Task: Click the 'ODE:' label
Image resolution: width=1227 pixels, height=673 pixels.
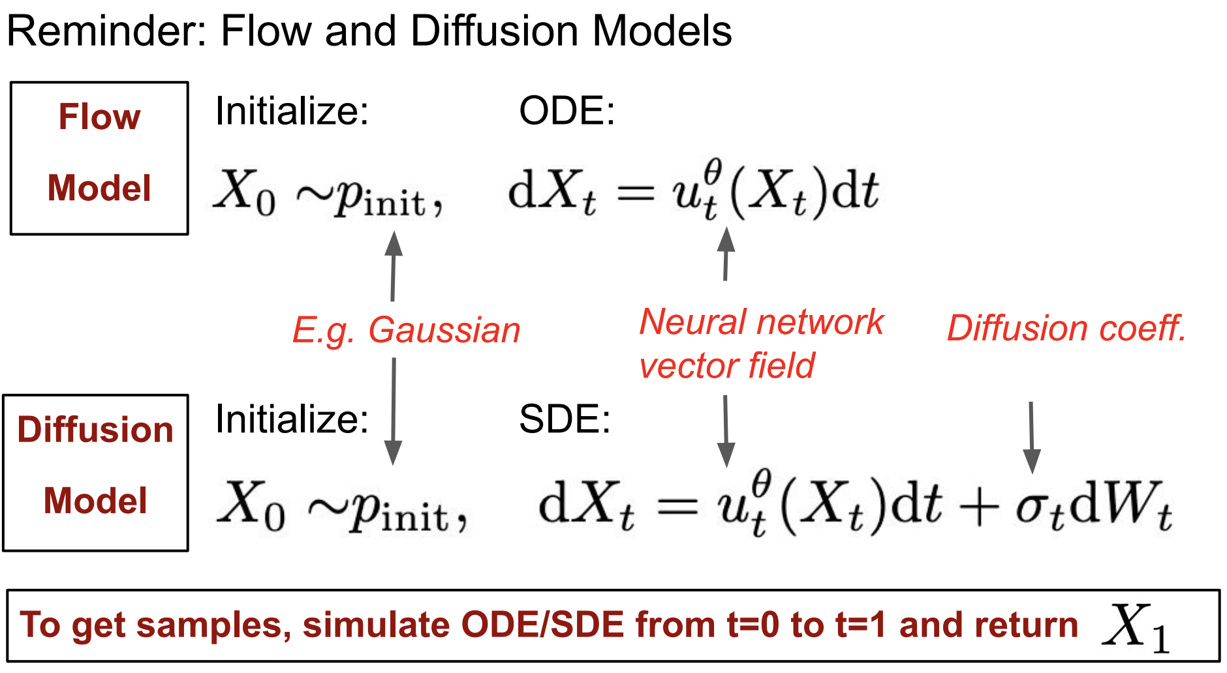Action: (567, 111)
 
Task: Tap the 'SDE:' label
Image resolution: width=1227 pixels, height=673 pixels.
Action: (565, 419)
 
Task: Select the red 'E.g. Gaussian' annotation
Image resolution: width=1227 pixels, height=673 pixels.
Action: (406, 330)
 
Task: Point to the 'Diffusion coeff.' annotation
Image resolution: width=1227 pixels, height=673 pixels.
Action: (1066, 328)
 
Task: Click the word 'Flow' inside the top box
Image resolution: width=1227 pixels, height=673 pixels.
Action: (99, 117)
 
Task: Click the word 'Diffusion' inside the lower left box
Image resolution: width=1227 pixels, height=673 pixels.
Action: (95, 430)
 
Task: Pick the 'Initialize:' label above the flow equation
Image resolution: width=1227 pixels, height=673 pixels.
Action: (292, 111)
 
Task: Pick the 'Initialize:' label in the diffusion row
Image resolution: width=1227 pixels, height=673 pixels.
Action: (292, 419)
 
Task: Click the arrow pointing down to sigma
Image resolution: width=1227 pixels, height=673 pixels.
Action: (1031, 437)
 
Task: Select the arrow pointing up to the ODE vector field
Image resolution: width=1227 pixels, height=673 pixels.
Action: (726, 254)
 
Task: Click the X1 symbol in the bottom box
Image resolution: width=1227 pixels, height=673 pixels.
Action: (1134, 627)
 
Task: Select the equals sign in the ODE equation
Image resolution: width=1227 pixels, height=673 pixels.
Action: (636, 193)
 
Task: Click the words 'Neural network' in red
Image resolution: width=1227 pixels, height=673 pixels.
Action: (761, 322)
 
